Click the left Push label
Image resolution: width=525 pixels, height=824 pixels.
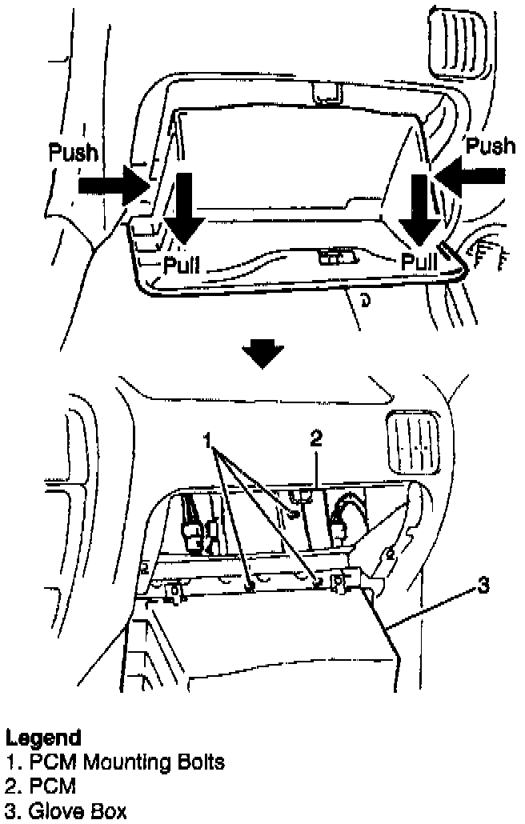click(73, 153)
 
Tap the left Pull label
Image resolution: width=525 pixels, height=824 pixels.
click(182, 265)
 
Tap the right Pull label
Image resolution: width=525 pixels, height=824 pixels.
click(419, 262)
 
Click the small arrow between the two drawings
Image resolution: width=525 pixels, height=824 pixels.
click(262, 353)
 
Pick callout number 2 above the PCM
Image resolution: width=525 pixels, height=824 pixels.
click(316, 438)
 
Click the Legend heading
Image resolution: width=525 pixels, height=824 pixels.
click(43, 737)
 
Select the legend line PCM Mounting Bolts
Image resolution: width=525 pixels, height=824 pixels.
click(115, 762)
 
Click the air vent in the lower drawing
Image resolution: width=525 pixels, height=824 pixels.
click(412, 443)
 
